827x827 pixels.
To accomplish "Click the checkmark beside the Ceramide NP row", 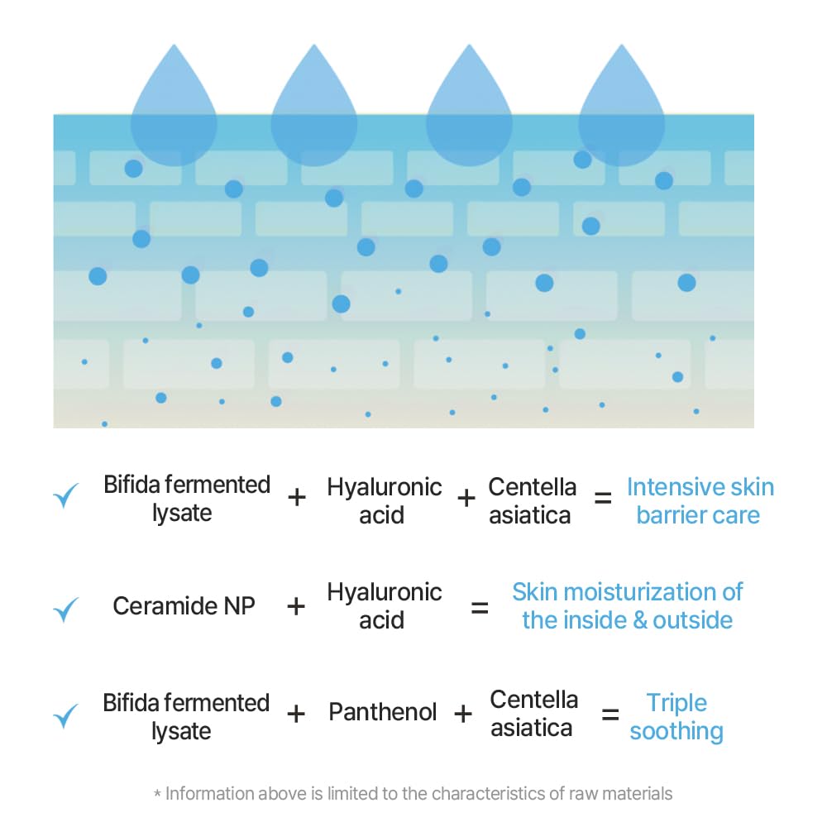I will [x=65, y=609].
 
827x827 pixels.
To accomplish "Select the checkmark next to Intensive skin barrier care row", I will [x=65, y=495].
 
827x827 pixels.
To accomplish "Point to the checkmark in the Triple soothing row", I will [x=65, y=715].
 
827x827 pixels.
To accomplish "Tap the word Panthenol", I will [x=382, y=712].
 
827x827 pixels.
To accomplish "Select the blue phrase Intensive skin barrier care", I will [x=700, y=500].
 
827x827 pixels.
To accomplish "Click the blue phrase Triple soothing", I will [x=676, y=717].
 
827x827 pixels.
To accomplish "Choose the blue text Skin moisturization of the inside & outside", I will [x=627, y=606].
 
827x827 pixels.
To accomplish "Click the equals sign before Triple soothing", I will [x=610, y=715].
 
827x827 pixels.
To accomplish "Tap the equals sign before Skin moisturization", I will [x=480, y=608].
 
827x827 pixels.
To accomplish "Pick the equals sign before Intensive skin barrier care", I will [x=604, y=498].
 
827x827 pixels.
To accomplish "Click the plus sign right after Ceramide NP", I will [x=295, y=606].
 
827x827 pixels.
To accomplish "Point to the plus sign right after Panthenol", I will [x=463, y=713].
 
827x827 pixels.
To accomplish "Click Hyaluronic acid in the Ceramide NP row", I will [x=385, y=606].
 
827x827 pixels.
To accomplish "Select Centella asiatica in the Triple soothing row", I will [x=532, y=714].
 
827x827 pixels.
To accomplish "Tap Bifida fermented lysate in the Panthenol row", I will [x=186, y=716].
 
